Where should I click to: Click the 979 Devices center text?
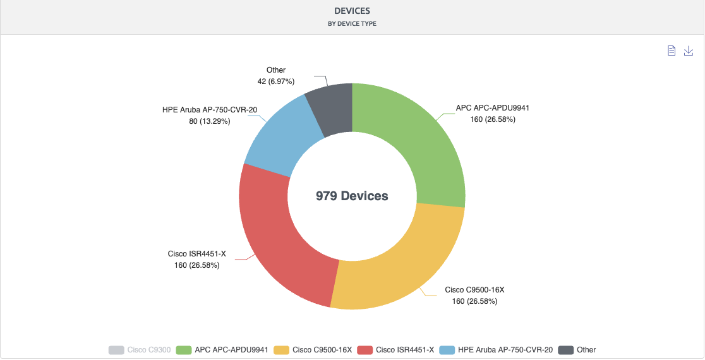[352, 196]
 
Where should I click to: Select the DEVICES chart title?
[352, 11]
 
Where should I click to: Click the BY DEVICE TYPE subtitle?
[352, 24]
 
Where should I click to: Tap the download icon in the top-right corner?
[689, 51]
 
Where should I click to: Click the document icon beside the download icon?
[672, 51]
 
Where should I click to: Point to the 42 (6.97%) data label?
[276, 81]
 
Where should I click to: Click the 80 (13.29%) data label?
[209, 121]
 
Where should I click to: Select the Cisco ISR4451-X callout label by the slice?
[196, 254]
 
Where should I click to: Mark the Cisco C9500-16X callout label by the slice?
[474, 290]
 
